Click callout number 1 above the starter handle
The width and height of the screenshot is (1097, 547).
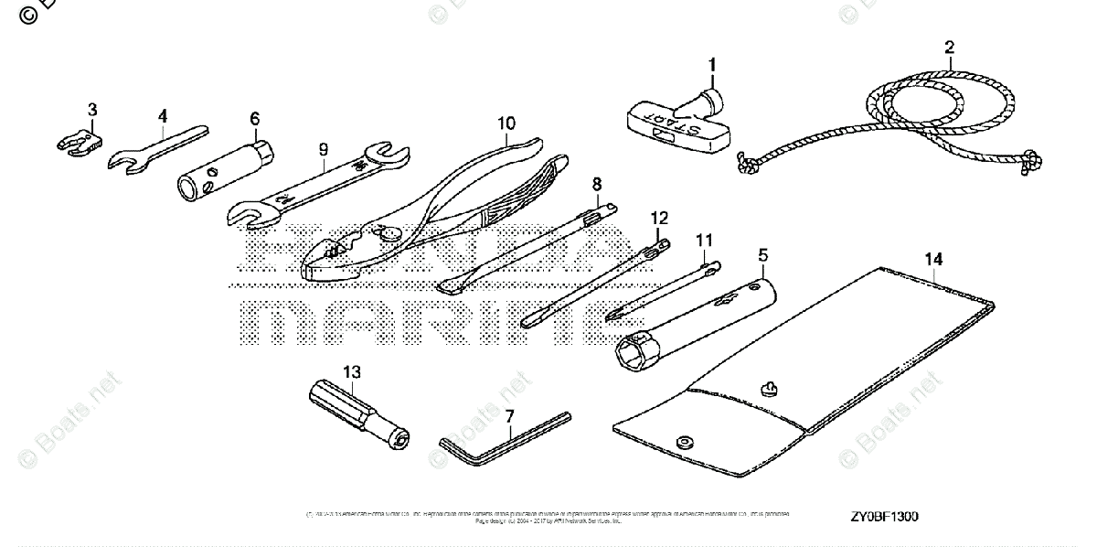pyautogui.click(x=713, y=65)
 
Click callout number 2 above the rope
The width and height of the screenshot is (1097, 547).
pyautogui.click(x=949, y=47)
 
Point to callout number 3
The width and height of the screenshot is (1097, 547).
pyautogui.click(x=91, y=111)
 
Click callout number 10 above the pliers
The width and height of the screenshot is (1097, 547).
pyautogui.click(x=506, y=123)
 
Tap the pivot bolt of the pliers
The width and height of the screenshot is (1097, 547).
pyautogui.click(x=391, y=233)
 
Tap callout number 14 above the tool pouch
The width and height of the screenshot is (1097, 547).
pyautogui.click(x=932, y=260)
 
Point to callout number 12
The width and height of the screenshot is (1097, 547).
pyautogui.click(x=659, y=218)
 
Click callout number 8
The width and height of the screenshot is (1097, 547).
pyautogui.click(x=596, y=183)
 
